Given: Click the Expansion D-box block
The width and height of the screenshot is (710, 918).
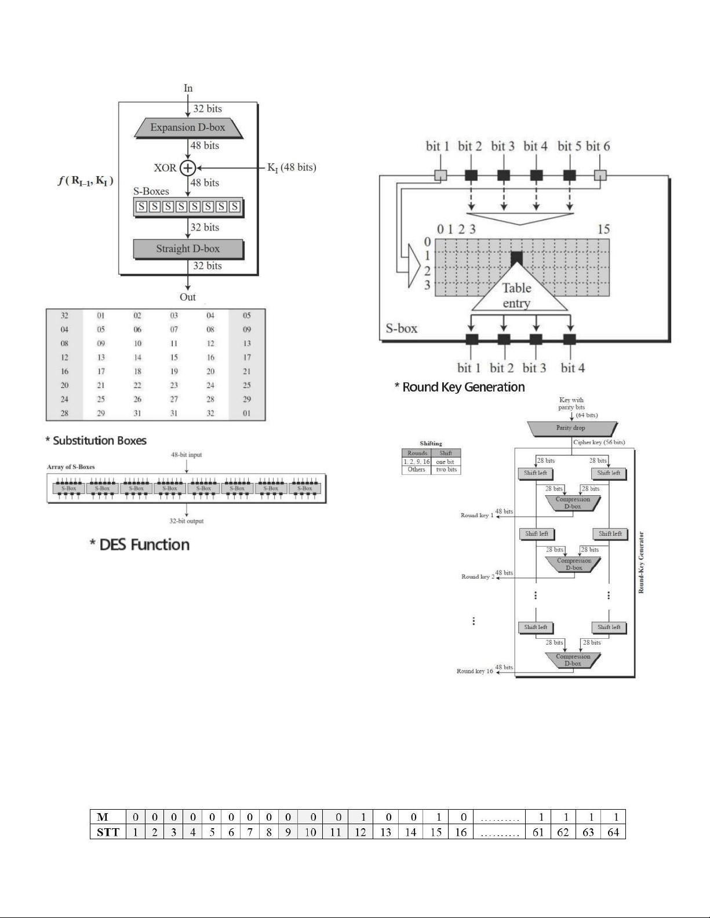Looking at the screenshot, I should coord(188,128).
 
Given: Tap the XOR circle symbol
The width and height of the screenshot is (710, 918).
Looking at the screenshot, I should coord(188,168).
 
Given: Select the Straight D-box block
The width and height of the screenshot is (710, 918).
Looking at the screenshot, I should coord(188,249).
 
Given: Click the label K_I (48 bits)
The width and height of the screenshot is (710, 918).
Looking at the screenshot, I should coord(292,167).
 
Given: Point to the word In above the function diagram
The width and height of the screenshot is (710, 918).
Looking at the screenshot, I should coord(188,88).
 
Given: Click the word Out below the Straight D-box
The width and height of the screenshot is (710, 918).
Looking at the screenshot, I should coord(188,297).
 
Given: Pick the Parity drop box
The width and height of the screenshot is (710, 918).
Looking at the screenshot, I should coord(571,428).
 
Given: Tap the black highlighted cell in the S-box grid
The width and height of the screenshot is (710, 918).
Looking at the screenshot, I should coord(516,257).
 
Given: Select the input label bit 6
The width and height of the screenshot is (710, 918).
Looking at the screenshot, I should coord(598,146).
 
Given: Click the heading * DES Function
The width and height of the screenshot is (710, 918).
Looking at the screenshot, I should coord(140,545).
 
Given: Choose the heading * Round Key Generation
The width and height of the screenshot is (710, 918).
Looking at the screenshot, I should coord(460,387).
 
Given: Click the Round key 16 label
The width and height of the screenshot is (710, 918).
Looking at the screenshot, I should coord(475,671).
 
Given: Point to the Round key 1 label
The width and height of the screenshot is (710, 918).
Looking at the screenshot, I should coord(477,515).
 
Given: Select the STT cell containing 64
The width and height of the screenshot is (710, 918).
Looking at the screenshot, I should coord(613,832).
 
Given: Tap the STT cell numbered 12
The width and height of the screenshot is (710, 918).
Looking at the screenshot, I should coord(361,832).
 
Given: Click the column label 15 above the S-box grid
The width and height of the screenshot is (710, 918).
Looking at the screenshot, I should coord(603,229).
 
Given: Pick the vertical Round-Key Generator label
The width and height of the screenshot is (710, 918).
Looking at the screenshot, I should coord(642,562).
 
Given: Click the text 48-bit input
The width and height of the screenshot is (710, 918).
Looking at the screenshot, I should coord(187,455).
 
